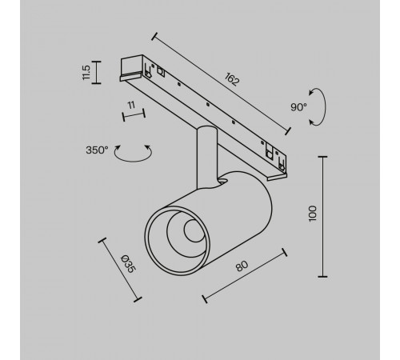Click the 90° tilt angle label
click(x=299, y=107)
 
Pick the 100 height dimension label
click(x=313, y=213)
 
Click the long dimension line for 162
click(x=221, y=82)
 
